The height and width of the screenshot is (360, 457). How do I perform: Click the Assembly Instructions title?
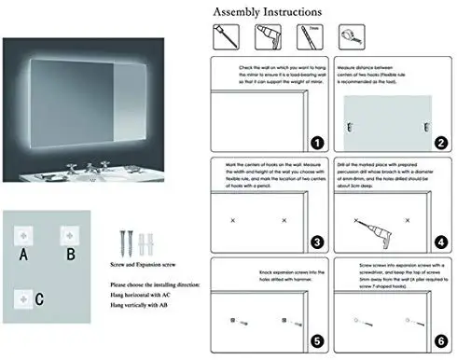(x=268, y=12)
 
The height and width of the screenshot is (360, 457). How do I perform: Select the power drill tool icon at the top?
(x=266, y=39)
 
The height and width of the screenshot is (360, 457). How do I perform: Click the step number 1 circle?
(x=317, y=143)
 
